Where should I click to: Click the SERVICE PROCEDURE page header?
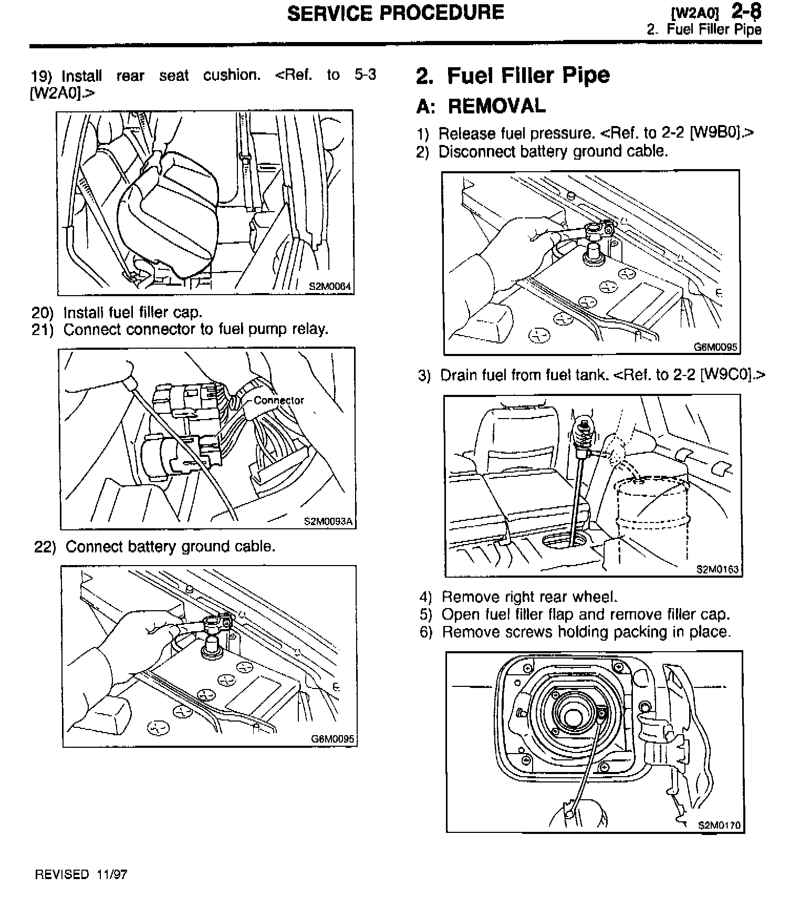pos(395,13)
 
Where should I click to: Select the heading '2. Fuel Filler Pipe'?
pos(513,76)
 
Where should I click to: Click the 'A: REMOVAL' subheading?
pos(481,106)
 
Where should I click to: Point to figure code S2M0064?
pos(329,287)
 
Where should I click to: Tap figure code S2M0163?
pos(717,569)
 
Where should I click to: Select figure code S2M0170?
pos(719,825)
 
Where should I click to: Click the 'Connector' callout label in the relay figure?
pos(278,401)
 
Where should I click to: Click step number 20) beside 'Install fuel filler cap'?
pos(42,313)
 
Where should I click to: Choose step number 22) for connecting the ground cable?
pos(45,547)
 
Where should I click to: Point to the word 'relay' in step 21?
pos(310,330)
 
